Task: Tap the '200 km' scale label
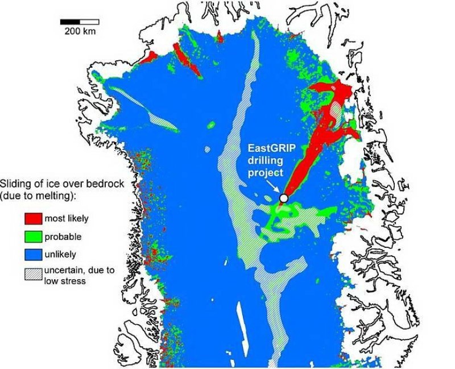click(x=80, y=31)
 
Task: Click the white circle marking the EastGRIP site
click(x=283, y=198)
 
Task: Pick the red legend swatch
click(x=32, y=217)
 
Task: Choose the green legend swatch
click(x=32, y=236)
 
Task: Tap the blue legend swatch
click(x=32, y=254)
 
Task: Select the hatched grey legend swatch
click(x=32, y=274)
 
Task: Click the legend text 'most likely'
click(x=67, y=218)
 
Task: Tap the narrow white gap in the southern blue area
click(x=239, y=321)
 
